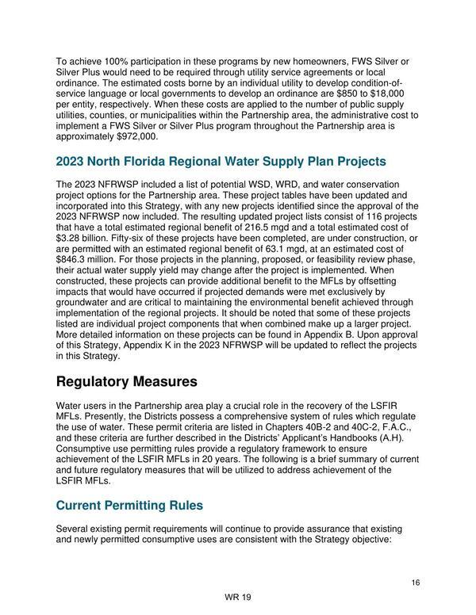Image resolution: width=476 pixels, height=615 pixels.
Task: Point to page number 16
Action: [x=416, y=583]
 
